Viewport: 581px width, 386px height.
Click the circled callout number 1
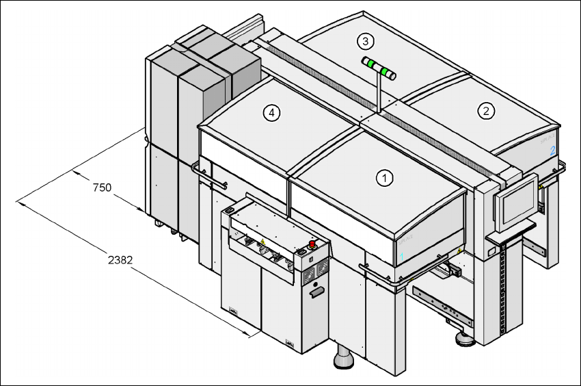click(384, 178)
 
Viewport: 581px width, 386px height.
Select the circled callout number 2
click(486, 111)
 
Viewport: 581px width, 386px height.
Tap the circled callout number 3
click(366, 41)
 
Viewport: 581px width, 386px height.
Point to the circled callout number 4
click(271, 113)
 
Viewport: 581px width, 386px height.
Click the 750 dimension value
click(102, 188)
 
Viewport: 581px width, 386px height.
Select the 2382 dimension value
click(120, 260)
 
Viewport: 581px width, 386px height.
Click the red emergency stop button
click(312, 244)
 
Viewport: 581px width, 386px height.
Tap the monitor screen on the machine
click(517, 203)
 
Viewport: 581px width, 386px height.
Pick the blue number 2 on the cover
click(552, 151)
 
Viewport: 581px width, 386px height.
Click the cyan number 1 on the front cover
click(401, 257)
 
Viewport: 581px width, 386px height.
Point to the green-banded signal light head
click(379, 68)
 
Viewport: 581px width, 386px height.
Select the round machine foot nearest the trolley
click(343, 357)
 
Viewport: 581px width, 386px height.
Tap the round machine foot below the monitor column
click(465, 339)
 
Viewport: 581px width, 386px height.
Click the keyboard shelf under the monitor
click(511, 231)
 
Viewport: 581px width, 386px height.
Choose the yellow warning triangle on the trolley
click(262, 242)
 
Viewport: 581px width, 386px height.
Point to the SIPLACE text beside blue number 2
click(548, 139)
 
